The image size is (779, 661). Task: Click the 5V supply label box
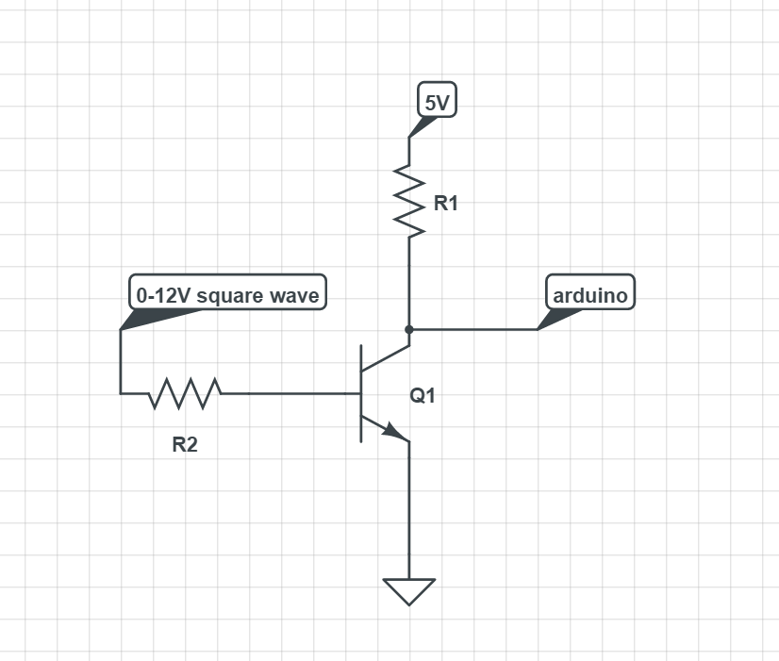438,100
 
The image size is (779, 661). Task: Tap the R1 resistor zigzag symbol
409,201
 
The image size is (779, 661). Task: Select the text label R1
446,203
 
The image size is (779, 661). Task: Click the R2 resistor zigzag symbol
185,393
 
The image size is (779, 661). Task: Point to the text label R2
185,444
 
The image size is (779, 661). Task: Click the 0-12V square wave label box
227,292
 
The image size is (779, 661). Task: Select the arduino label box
590,292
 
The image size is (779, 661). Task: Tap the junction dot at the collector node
409,329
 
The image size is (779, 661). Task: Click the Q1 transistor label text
423,396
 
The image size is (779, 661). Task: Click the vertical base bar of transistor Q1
361,393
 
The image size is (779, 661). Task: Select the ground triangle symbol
409,592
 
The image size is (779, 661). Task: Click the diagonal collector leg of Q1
386,358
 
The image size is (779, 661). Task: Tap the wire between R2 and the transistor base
290,393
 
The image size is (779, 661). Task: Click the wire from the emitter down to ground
409,510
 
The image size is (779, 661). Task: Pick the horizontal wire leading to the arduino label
473,329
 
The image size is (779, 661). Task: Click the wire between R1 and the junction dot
409,283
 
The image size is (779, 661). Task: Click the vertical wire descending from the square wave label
120,361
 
